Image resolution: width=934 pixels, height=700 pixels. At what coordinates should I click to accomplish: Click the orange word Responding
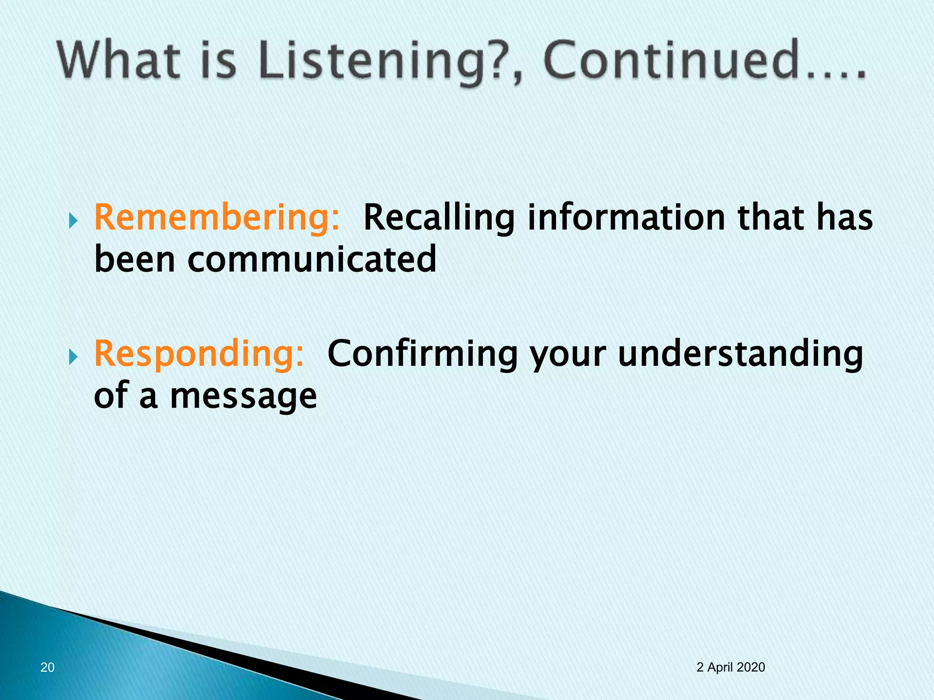(x=199, y=355)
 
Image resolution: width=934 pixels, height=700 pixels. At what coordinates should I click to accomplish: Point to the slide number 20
(x=47, y=667)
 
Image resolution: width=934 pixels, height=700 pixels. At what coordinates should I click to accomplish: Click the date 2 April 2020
(x=731, y=667)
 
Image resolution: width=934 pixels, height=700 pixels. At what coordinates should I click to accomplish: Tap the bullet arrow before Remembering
(x=73, y=222)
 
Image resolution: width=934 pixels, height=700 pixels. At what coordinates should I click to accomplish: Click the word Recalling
(x=439, y=218)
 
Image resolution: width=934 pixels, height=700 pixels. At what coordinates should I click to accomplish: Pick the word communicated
(x=311, y=259)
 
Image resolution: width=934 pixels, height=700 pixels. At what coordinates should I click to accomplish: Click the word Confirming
(x=422, y=355)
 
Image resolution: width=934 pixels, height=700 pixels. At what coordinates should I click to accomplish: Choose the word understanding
(x=740, y=355)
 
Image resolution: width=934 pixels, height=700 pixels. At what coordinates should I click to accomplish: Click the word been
(x=135, y=259)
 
